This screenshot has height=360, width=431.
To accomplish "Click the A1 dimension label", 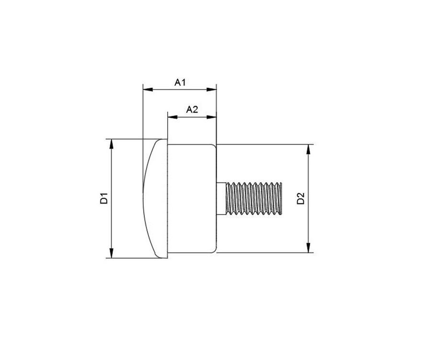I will point(180,83).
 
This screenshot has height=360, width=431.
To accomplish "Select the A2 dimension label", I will point(192,110).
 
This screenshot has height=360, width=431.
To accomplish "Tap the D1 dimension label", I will point(104,198).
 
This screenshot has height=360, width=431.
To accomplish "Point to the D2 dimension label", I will point(301,198).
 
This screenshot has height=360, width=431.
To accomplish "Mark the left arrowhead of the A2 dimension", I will point(171,116).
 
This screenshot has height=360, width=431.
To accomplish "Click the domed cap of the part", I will point(155,198).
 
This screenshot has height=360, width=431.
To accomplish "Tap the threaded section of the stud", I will point(254,198).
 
